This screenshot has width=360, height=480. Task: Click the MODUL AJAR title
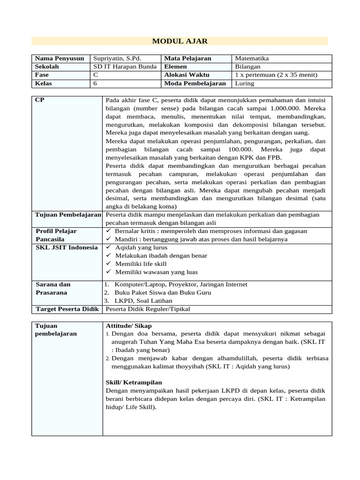pos(180,41)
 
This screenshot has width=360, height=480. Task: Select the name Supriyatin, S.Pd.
pos(117,59)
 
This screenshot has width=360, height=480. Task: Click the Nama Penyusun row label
pos(60,59)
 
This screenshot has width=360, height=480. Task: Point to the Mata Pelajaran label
pos(187,59)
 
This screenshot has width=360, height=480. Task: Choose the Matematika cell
pos(252,59)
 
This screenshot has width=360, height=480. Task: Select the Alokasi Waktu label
pos(187,75)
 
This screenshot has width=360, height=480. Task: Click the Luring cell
pos(244,83)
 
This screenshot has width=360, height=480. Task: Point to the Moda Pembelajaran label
pos(195,83)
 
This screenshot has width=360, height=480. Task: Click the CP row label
pos(40,100)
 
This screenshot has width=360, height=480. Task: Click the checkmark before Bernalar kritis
pos(108,231)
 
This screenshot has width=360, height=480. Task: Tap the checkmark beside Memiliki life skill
pos(108,264)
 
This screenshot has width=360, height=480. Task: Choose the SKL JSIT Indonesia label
pos(67,247)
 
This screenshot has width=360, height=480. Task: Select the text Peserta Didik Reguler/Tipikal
pos(148,309)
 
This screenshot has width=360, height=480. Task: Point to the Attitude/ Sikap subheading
pos(129,326)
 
